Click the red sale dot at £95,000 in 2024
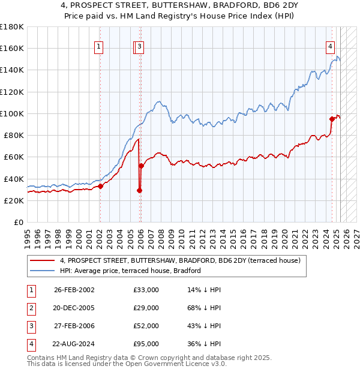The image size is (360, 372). tap(332, 119)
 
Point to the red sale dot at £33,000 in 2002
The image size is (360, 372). tap(100, 186)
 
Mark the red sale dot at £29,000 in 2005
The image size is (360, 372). tap(140, 190)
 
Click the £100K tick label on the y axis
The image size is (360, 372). tap(12, 113)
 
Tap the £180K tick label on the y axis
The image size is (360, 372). tap(12, 26)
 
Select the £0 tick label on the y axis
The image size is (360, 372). tap(19, 223)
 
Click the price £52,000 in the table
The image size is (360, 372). tap(146, 326)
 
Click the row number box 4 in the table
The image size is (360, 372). tap(29, 344)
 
